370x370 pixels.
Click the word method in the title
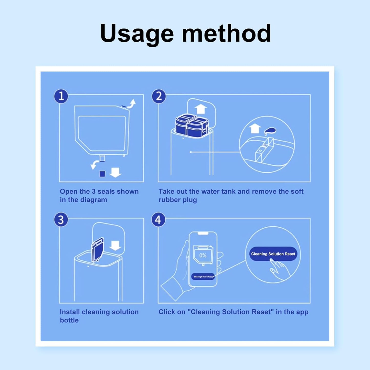226,33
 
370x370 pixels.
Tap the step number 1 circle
61,96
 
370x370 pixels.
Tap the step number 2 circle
159,96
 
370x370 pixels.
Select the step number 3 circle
61,220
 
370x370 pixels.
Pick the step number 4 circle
158,220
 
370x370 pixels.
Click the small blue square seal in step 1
102,174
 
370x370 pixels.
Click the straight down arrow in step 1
115,172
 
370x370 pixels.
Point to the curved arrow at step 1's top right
132,104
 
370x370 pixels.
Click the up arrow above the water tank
201,109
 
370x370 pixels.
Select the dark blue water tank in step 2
192,125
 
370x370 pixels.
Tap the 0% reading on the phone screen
203,255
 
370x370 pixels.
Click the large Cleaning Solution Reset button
273,254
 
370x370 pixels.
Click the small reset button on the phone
203,277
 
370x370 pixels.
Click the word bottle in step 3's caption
69,320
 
